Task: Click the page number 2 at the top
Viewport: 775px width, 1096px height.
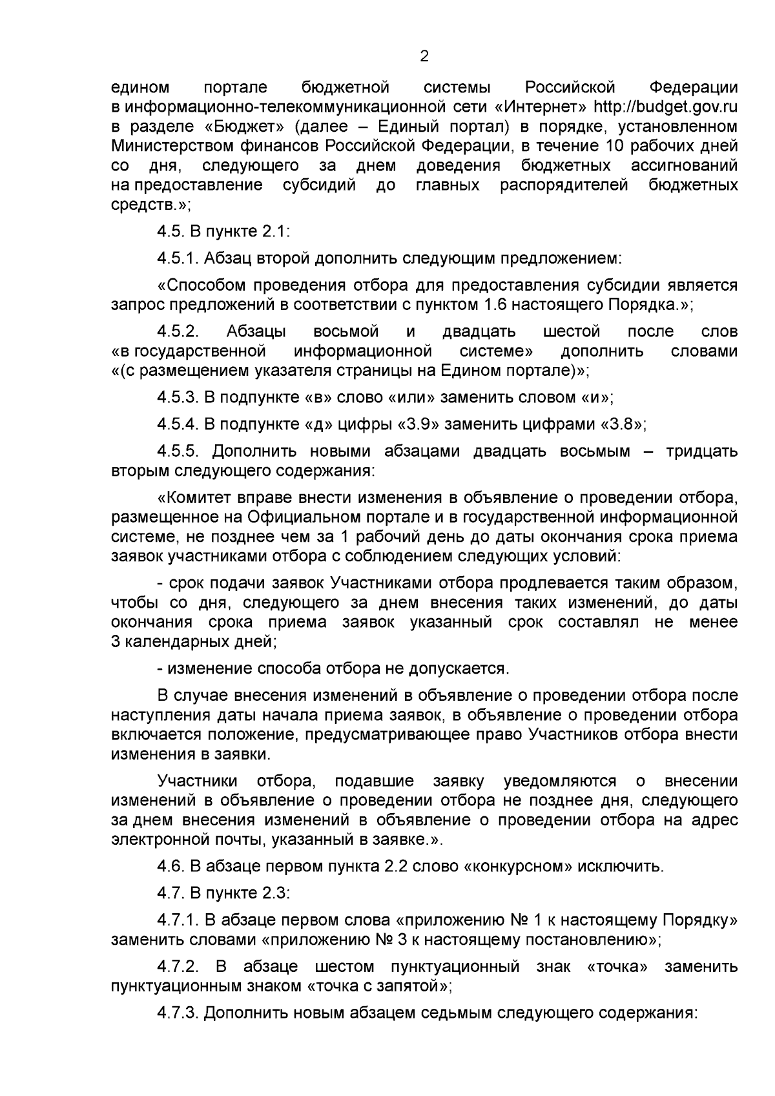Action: pos(424,56)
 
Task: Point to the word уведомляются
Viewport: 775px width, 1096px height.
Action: pos(559,781)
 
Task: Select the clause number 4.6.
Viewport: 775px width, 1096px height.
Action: pos(169,867)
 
